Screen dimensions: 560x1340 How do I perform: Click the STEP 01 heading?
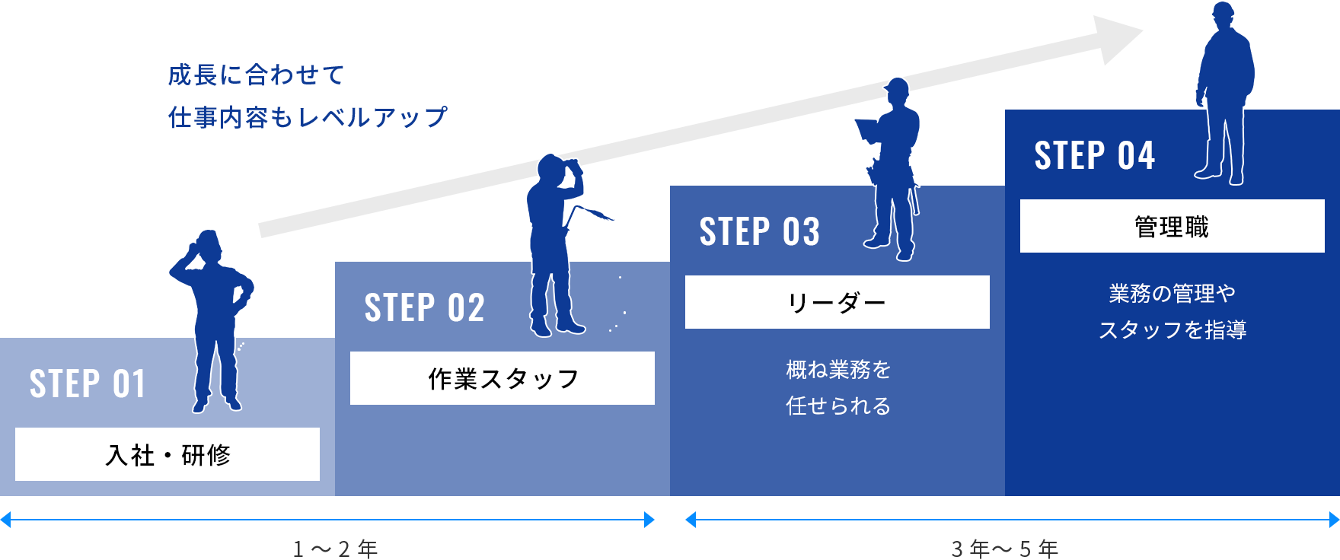pyautogui.click(x=87, y=383)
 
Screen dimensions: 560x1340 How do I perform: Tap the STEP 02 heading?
pyautogui.click(x=424, y=307)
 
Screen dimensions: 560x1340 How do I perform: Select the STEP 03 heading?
pyautogui.click(x=759, y=231)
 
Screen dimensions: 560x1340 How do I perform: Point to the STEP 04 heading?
pyautogui.click(x=1094, y=155)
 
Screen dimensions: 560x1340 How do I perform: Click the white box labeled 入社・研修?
pyautogui.click(x=167, y=454)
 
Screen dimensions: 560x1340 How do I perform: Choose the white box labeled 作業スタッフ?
pyautogui.click(x=502, y=378)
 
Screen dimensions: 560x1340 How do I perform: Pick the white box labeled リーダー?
pyautogui.click(x=837, y=302)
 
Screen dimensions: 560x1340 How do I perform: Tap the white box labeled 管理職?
pyautogui.click(x=1172, y=226)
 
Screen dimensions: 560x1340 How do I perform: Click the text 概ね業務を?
pyautogui.click(x=838, y=370)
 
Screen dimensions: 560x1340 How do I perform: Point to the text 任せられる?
pyautogui.click(x=838, y=406)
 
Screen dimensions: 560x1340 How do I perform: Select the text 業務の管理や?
pyautogui.click(x=1172, y=294)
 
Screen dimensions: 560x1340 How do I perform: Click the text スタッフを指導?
pyautogui.click(x=1172, y=329)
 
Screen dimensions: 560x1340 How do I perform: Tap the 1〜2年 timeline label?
pyautogui.click(x=336, y=549)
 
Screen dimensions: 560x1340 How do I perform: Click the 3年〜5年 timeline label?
pyautogui.click(x=1005, y=549)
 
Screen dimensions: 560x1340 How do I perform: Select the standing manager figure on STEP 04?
pyautogui.click(x=1224, y=91)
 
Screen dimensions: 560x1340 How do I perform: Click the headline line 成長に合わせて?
pyautogui.click(x=256, y=75)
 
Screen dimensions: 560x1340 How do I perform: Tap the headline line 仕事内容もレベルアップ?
pyautogui.click(x=308, y=116)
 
